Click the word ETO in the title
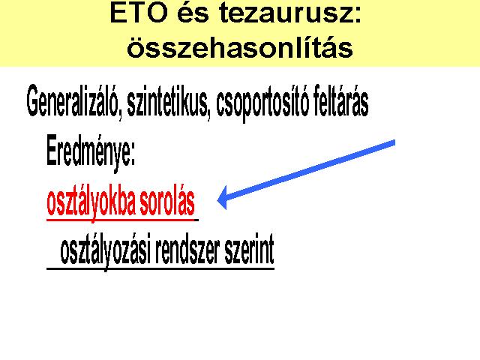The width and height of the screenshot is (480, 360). point(139,13)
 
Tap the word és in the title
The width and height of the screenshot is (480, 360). point(193,13)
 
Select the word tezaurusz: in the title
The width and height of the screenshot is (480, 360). point(290,13)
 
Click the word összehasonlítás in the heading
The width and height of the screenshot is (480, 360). point(240,46)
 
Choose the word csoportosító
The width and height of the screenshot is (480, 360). point(262,102)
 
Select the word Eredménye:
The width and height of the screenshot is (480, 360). point(91,151)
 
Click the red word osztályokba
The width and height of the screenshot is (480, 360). point(91,202)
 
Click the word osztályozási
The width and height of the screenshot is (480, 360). point(106,252)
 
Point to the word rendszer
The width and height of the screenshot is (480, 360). point(187,250)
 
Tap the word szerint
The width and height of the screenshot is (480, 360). point(249,250)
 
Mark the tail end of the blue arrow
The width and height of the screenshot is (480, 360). point(394,142)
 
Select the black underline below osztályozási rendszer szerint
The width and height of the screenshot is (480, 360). point(160,268)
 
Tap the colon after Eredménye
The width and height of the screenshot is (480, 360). point(133,157)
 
